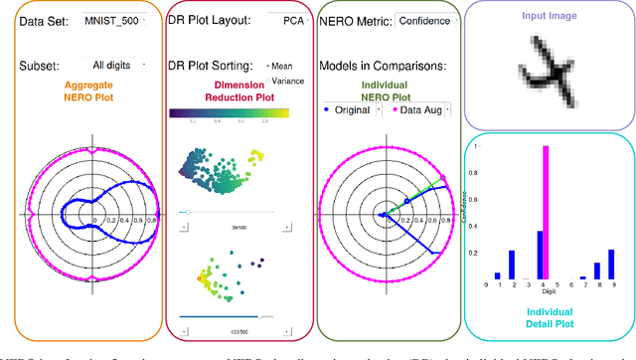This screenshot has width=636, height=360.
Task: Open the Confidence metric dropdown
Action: (424, 20)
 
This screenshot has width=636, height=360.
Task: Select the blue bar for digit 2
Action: (512, 265)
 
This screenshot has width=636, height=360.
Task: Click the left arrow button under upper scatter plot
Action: (182, 227)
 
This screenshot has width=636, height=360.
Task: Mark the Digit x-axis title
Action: (548, 292)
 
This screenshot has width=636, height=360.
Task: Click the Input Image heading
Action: (548, 14)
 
